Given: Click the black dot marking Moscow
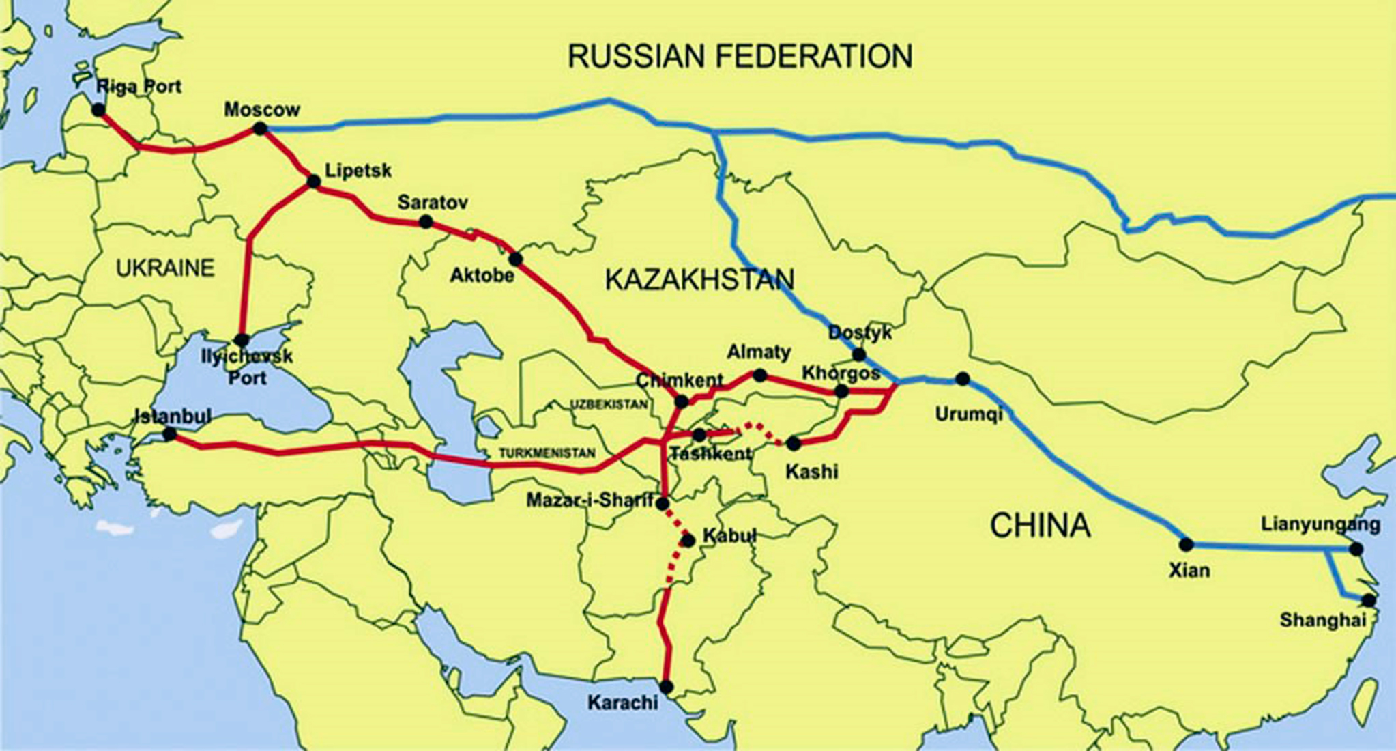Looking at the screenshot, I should coord(260,128).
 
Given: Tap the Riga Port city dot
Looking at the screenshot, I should coord(99,110).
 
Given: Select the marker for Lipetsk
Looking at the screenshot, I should coord(314,182).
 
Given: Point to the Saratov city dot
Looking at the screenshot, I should coord(426,221).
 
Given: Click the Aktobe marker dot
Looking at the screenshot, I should coord(515,259).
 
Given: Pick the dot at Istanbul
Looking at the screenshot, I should coord(170,434).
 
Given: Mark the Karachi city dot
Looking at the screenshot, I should coord(667,686).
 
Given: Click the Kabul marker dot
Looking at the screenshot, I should coord(688,541).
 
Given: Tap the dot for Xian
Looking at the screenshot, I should coord(1187,545).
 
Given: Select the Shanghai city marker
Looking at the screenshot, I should coord(1369,601).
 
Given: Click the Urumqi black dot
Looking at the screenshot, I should coord(962,379).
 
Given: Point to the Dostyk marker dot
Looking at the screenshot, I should coord(859,355).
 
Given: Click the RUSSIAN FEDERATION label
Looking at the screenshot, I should coord(740,56).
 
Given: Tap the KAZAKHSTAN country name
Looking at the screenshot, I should coord(700,280).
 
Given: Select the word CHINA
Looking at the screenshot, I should coord(1040,526).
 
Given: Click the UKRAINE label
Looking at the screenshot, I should coord(165,268).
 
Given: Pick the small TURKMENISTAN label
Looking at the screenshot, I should coord(547,453).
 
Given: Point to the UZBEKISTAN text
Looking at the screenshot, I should coord(609,404).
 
